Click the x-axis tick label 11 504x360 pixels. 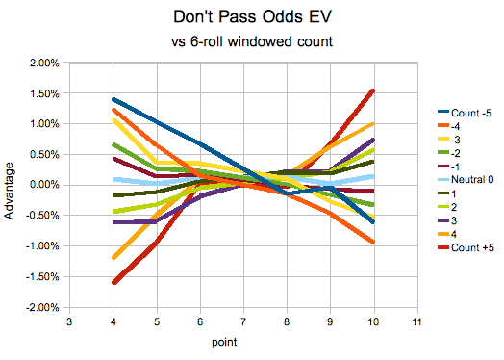pos(416,322)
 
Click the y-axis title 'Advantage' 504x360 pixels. pos(11,186)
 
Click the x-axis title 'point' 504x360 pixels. pos(242,342)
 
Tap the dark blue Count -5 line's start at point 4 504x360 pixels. pos(113,99)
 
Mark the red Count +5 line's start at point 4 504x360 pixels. pos(113,282)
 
